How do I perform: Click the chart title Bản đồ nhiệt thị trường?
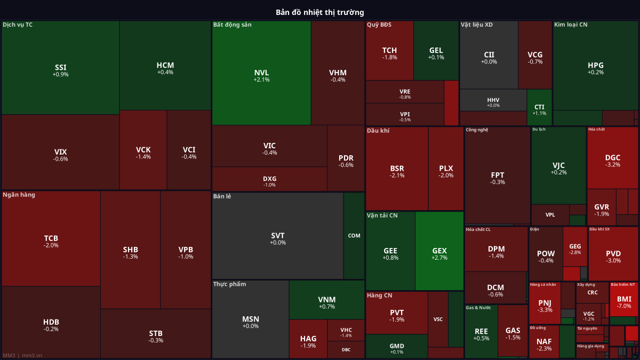[319, 12]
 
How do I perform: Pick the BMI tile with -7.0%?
[623, 302]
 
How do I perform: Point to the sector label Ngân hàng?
[19, 195]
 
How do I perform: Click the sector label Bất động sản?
[232, 25]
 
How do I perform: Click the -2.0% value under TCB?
[51, 245]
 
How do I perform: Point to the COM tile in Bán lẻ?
[354, 235]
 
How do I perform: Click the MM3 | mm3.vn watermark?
[22, 355]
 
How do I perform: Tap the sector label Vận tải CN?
[382, 215]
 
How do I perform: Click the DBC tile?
[346, 350]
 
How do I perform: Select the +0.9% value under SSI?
[60, 75]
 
